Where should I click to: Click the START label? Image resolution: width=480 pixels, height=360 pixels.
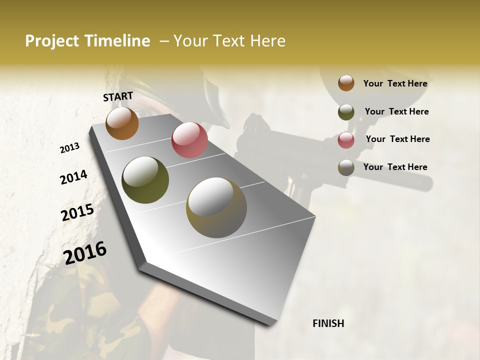[118, 96]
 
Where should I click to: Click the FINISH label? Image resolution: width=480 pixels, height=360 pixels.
[328, 323]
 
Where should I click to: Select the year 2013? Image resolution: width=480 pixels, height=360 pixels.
[69, 148]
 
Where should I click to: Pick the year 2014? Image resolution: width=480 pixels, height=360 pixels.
[73, 177]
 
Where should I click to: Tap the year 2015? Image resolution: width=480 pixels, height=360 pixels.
[77, 212]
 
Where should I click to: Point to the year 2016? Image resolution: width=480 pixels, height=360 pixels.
[85, 253]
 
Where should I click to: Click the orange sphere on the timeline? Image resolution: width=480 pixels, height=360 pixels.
[122, 123]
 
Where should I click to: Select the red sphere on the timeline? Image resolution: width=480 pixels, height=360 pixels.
[189, 139]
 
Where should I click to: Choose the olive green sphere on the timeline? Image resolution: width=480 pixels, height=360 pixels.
[145, 180]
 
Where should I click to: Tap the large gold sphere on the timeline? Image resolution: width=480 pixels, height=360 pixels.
[216, 207]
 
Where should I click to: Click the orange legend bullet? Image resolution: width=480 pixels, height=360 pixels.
[346, 83]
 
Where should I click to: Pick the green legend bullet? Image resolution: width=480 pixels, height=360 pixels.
[346, 112]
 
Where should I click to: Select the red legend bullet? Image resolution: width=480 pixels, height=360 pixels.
[346, 140]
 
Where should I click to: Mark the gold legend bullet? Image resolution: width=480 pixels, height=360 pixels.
[346, 167]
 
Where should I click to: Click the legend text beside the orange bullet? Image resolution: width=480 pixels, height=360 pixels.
[395, 83]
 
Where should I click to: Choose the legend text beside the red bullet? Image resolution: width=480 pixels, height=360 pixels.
[397, 139]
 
